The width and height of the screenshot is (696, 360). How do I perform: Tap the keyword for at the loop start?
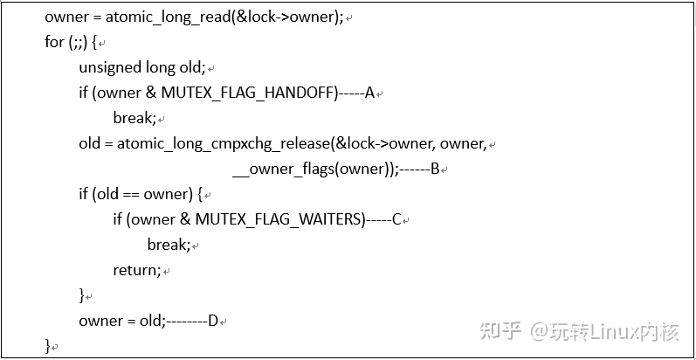[x=54, y=42]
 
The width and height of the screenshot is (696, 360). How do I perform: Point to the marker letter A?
[x=369, y=93]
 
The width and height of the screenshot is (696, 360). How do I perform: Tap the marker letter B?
[x=434, y=169]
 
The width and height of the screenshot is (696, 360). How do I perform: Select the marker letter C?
[x=396, y=219]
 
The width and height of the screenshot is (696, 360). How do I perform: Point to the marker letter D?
[x=212, y=321]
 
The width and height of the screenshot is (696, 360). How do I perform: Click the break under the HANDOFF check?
[x=134, y=118]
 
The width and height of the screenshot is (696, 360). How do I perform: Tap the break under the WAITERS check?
[x=168, y=245]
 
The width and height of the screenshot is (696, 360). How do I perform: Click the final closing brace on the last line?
[x=48, y=346]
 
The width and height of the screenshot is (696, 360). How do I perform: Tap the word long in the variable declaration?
[x=161, y=67]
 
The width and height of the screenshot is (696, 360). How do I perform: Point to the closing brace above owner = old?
[x=82, y=295]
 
